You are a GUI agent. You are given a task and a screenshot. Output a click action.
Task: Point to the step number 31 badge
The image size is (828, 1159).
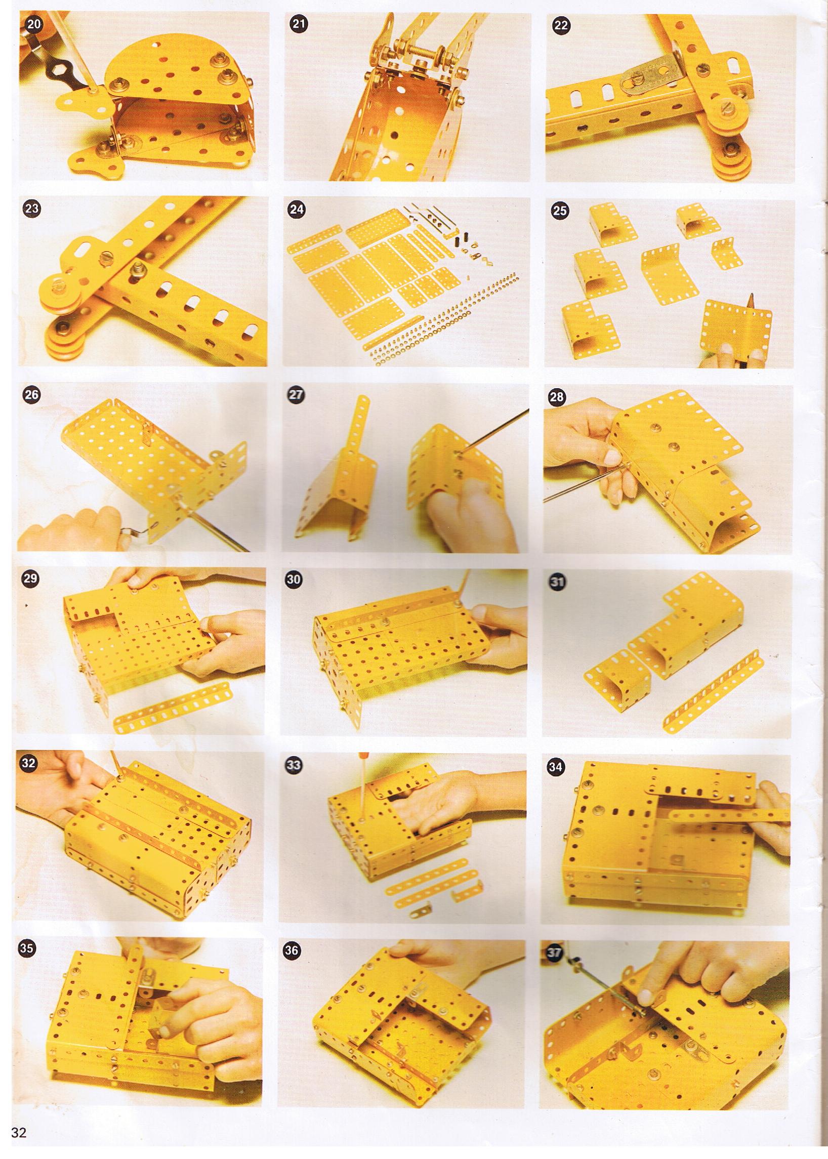tap(556, 582)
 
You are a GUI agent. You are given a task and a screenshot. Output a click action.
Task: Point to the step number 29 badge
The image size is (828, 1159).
tap(32, 580)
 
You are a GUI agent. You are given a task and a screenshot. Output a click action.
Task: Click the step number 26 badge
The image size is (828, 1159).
tap(32, 395)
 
